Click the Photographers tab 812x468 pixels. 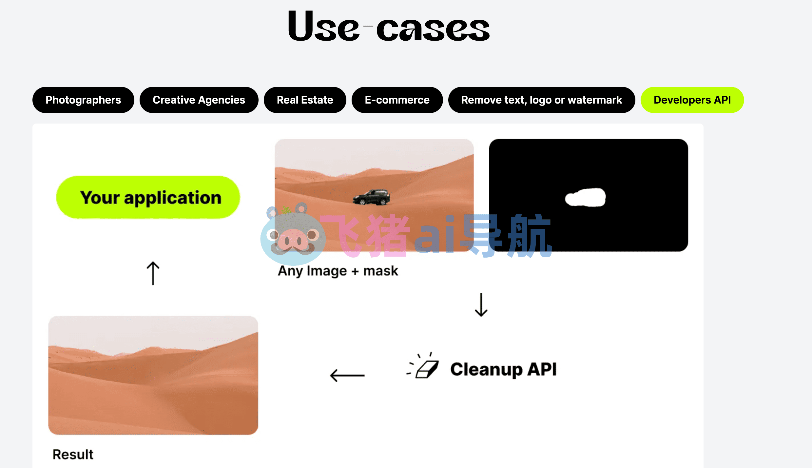(x=83, y=100)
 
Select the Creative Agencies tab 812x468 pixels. (x=199, y=100)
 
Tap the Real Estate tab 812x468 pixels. (x=305, y=100)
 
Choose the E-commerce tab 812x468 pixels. (x=397, y=100)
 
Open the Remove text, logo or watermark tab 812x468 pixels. (x=541, y=100)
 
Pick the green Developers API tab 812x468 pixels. (x=692, y=100)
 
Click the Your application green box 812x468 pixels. (x=148, y=197)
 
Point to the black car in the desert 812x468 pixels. (x=372, y=197)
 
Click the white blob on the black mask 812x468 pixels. (x=586, y=197)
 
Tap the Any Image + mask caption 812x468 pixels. (x=338, y=271)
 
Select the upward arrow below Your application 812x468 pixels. (x=153, y=273)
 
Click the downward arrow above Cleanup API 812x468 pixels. (x=481, y=305)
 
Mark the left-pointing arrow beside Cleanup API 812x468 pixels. (x=347, y=375)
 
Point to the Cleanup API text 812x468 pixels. (x=503, y=369)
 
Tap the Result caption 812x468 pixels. (x=73, y=455)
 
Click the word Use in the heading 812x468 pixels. (x=323, y=27)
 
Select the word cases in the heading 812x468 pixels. (x=433, y=29)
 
